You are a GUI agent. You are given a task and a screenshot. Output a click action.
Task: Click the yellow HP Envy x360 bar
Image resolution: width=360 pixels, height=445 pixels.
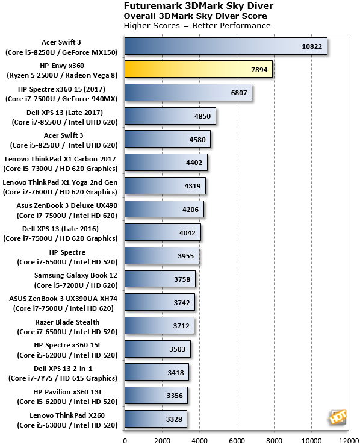[198, 69]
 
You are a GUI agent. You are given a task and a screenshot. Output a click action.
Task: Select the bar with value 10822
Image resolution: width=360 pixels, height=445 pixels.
[225, 46]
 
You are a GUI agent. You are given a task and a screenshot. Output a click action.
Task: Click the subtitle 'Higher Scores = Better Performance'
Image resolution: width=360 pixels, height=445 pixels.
[197, 26]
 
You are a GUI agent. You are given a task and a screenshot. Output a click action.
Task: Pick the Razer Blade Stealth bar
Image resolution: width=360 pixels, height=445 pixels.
[159, 326]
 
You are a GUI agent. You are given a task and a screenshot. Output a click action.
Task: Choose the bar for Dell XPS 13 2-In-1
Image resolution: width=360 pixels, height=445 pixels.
[157, 372]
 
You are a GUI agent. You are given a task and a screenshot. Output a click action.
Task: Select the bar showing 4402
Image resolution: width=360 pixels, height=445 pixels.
[166, 163]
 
